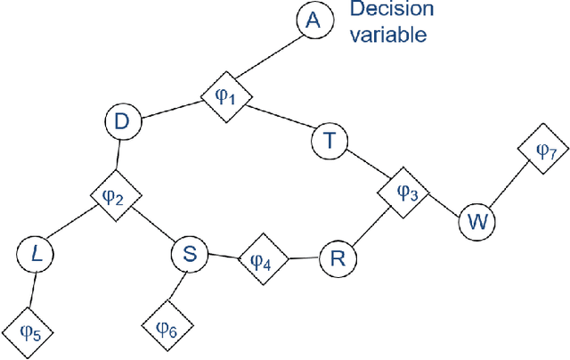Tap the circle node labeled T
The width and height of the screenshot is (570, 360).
tap(330, 141)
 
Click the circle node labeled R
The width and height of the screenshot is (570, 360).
tap(337, 258)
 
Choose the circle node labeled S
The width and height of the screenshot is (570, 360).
tap(188, 255)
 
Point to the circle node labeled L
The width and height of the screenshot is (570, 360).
tap(36, 255)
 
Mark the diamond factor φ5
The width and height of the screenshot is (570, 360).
tap(29, 332)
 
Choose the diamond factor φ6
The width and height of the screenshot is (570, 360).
tap(167, 327)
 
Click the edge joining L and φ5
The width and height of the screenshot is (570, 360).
tap(33, 290)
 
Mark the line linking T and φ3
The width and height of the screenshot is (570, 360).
tap(366, 165)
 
